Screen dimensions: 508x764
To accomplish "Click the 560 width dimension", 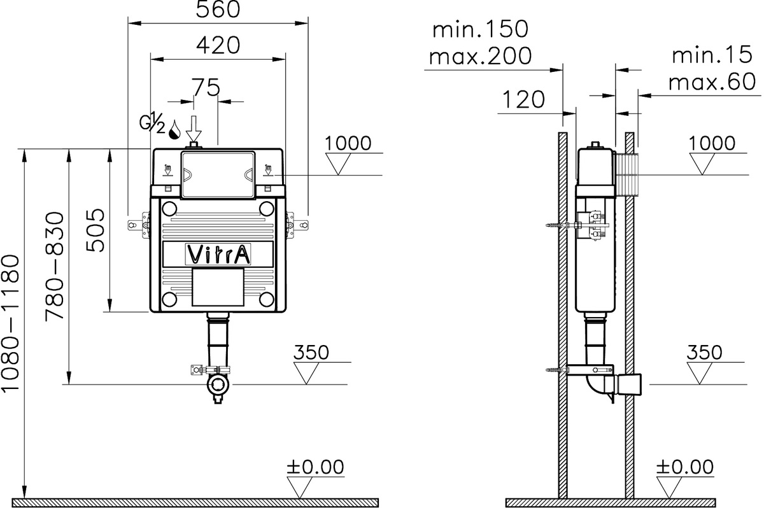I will [x=219, y=10].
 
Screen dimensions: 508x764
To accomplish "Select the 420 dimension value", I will [x=218, y=45].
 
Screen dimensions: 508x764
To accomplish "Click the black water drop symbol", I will [x=174, y=131].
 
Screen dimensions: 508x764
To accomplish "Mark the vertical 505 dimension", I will [x=95, y=230].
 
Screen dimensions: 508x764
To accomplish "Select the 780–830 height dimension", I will [x=55, y=265].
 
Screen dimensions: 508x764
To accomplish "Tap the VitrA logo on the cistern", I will [x=218, y=254].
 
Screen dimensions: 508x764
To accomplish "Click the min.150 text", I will [x=480, y=29].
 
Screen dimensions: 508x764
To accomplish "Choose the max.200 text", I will [x=480, y=57].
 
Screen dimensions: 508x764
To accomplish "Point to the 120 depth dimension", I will [x=524, y=99].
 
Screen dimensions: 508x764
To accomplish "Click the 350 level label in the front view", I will [x=311, y=352].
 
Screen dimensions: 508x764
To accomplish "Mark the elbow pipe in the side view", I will [x=595, y=386].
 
